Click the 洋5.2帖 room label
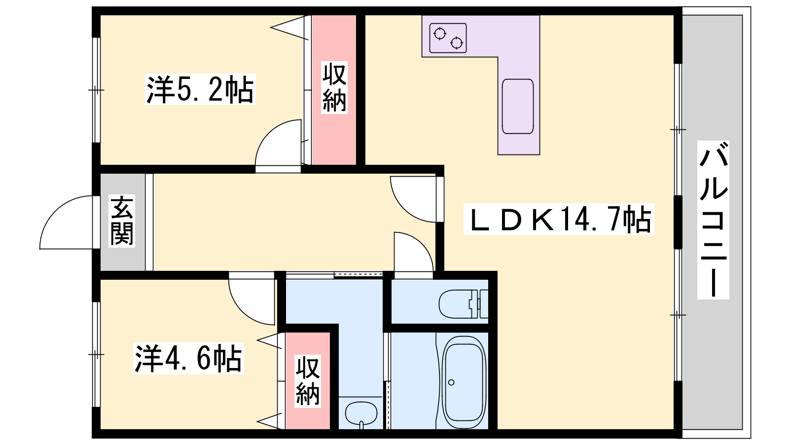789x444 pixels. tap(200, 89)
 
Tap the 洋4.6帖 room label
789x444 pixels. tap(188, 358)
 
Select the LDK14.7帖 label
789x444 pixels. tap(559, 219)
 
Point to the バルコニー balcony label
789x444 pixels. tap(713, 220)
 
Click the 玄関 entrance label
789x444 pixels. tap(122, 221)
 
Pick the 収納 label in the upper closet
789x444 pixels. tap(334, 87)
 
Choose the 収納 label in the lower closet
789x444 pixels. tap(308, 381)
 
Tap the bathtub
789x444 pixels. tap(464, 382)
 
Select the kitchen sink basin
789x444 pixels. tap(518, 107)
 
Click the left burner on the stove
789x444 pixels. tap(439, 34)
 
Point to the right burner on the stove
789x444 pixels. tap(457, 43)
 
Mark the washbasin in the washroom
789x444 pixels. tap(361, 413)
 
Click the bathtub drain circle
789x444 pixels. tap(451, 382)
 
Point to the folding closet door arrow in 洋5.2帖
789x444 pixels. tap(289, 28)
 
